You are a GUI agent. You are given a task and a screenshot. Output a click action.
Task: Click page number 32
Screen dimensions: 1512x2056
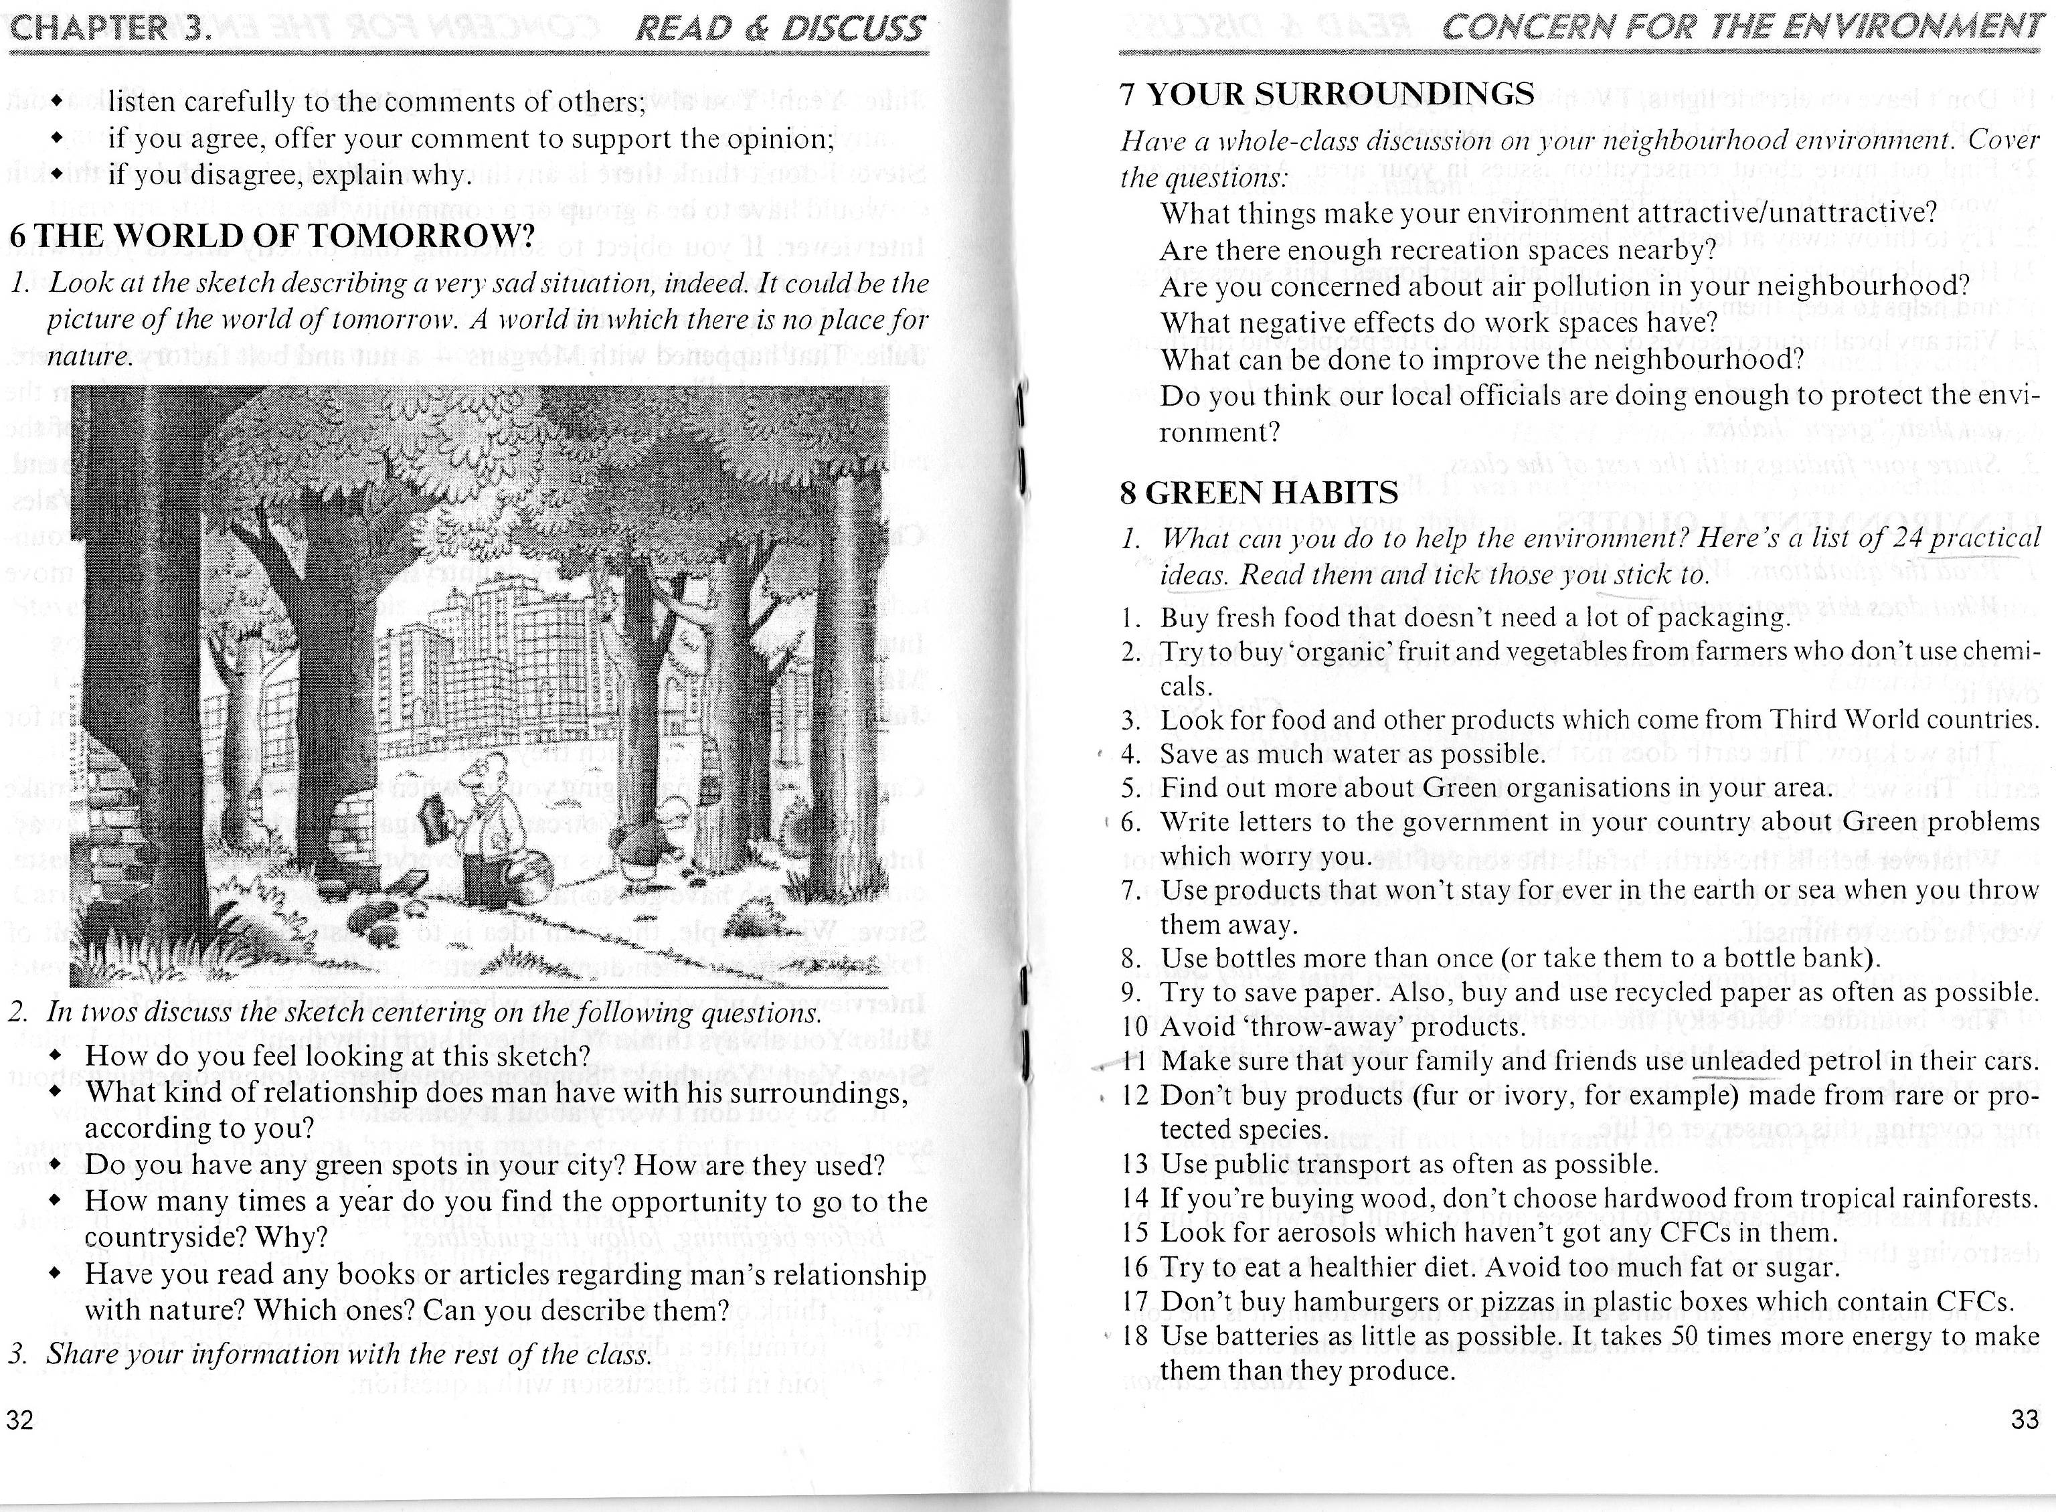(x=20, y=1420)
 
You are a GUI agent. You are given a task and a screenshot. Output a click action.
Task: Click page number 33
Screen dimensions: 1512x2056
(x=2025, y=1420)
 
